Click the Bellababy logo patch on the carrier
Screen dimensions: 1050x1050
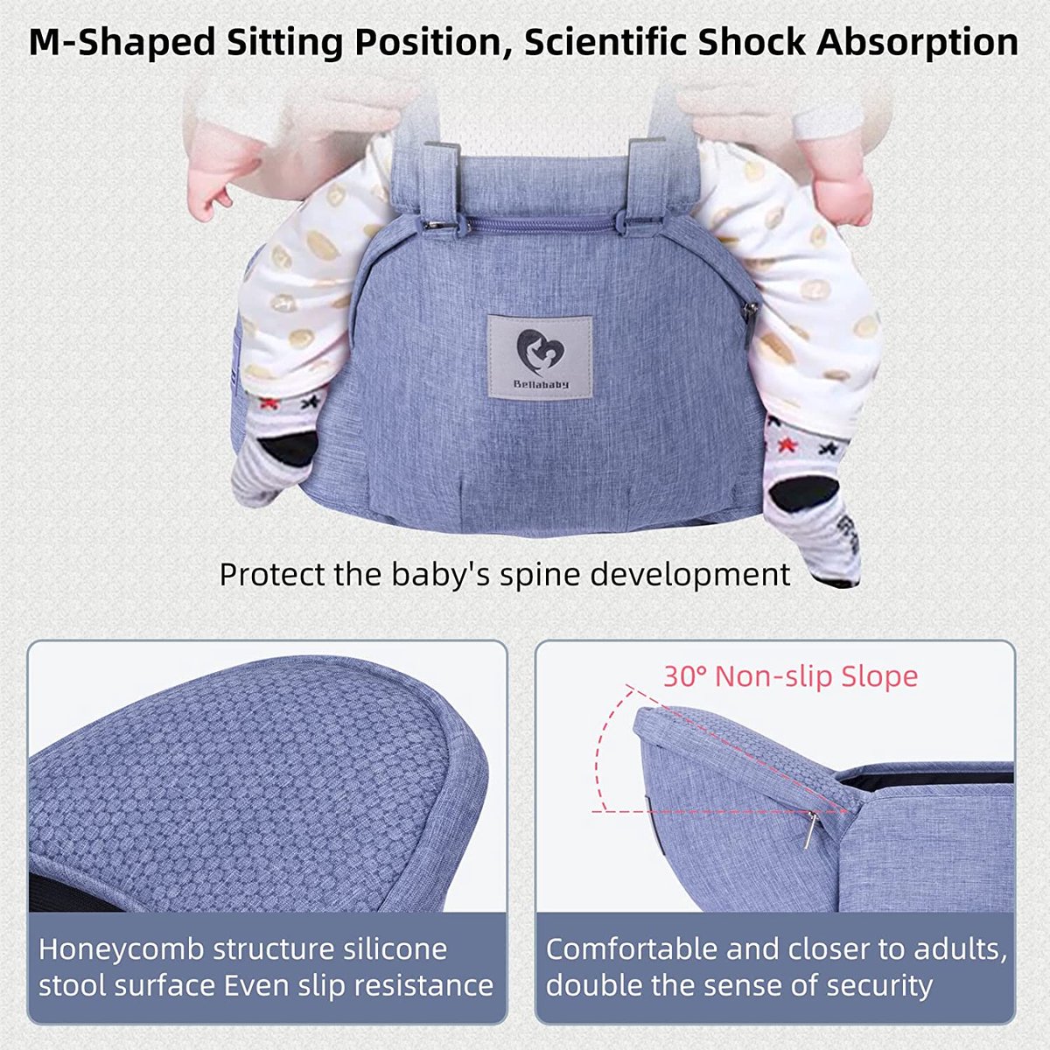pyautogui.click(x=539, y=356)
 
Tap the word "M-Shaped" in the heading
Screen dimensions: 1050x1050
pyautogui.click(x=122, y=42)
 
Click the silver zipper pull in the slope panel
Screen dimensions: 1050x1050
pyautogui.click(x=810, y=829)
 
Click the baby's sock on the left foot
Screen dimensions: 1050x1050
pyautogui.click(x=271, y=446)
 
